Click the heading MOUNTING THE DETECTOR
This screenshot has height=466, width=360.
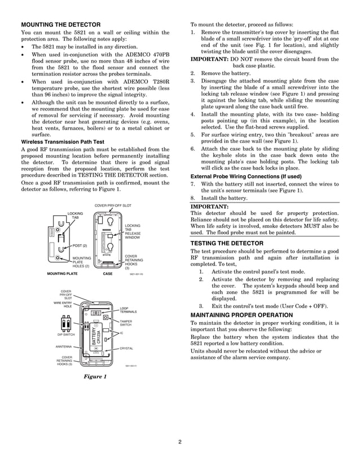[60, 25]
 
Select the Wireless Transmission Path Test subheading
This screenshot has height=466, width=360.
[62, 142]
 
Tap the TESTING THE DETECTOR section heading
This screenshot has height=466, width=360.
[227, 243]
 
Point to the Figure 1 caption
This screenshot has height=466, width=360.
[95, 376]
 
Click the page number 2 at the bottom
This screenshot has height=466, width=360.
[179, 441]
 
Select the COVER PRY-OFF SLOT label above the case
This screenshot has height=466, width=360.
[113, 206]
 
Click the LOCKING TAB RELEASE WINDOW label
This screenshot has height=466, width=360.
[133, 232]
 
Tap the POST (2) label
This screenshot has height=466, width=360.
[80, 245]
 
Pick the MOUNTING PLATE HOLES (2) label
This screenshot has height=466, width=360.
[82, 262]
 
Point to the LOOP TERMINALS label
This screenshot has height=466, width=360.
[128, 310]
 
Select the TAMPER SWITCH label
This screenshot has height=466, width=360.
[126, 323]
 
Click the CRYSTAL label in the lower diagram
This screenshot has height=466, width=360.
[126, 348]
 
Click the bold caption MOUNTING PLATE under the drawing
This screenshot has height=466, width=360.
[62, 273]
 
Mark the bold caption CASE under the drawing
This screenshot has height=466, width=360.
[108, 273]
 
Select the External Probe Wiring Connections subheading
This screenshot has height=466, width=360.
[245, 176]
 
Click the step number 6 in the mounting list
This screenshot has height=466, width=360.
[192, 148]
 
